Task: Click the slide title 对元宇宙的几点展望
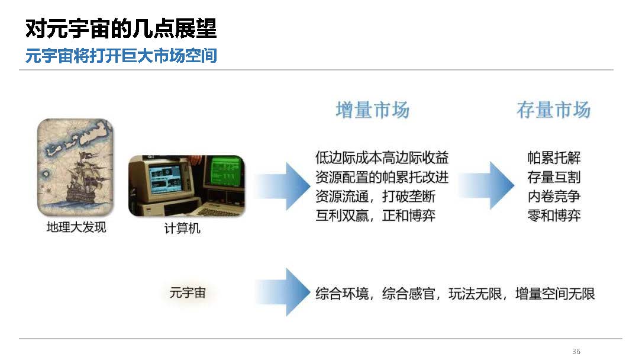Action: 121,28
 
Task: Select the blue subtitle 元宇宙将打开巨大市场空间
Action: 121,56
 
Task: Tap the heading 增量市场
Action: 373,110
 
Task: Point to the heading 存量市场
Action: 553,110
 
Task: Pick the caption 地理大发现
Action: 76,227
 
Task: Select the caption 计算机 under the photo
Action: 182,229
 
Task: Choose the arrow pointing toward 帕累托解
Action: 486,185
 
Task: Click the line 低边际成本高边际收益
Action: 382,157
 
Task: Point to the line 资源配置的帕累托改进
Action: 382,177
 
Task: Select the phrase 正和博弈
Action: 409,216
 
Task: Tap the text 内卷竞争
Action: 554,197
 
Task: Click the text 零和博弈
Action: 554,216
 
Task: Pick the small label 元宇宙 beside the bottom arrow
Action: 188,292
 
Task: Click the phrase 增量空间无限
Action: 555,294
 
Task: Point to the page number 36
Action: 576,351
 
